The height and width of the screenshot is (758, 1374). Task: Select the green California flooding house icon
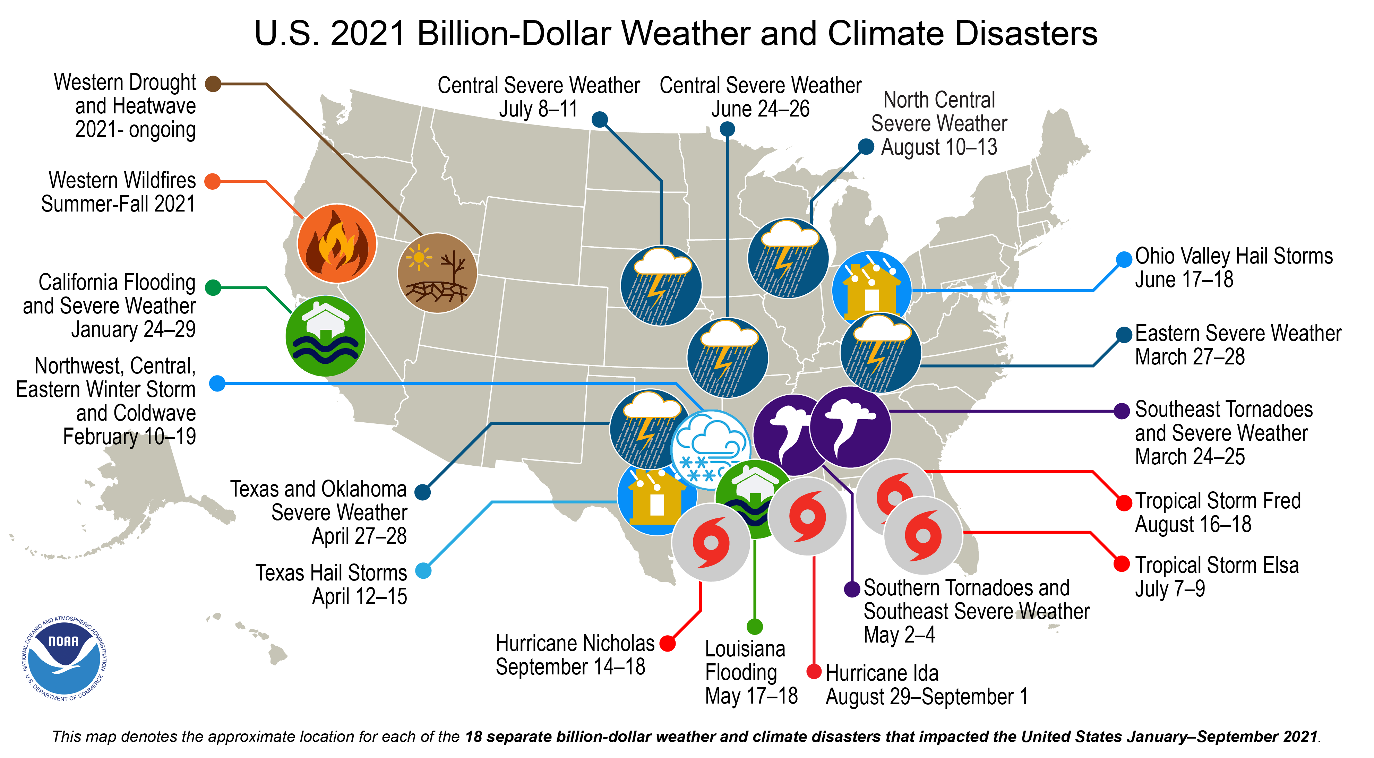click(x=325, y=336)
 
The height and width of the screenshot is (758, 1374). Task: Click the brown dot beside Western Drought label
click(x=213, y=84)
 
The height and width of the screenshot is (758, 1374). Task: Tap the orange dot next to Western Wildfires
click(x=212, y=181)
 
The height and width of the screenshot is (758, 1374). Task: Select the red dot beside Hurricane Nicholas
click(x=667, y=643)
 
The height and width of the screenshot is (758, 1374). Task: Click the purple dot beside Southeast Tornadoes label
click(x=1122, y=411)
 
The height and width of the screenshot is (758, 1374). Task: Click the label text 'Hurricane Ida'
click(x=882, y=673)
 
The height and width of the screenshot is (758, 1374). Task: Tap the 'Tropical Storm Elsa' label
click(x=1216, y=566)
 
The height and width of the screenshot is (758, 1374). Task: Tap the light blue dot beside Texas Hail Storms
click(x=423, y=570)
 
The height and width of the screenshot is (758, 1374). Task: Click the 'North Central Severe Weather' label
click(x=939, y=123)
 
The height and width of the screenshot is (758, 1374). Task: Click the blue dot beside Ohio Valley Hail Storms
click(x=1124, y=259)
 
